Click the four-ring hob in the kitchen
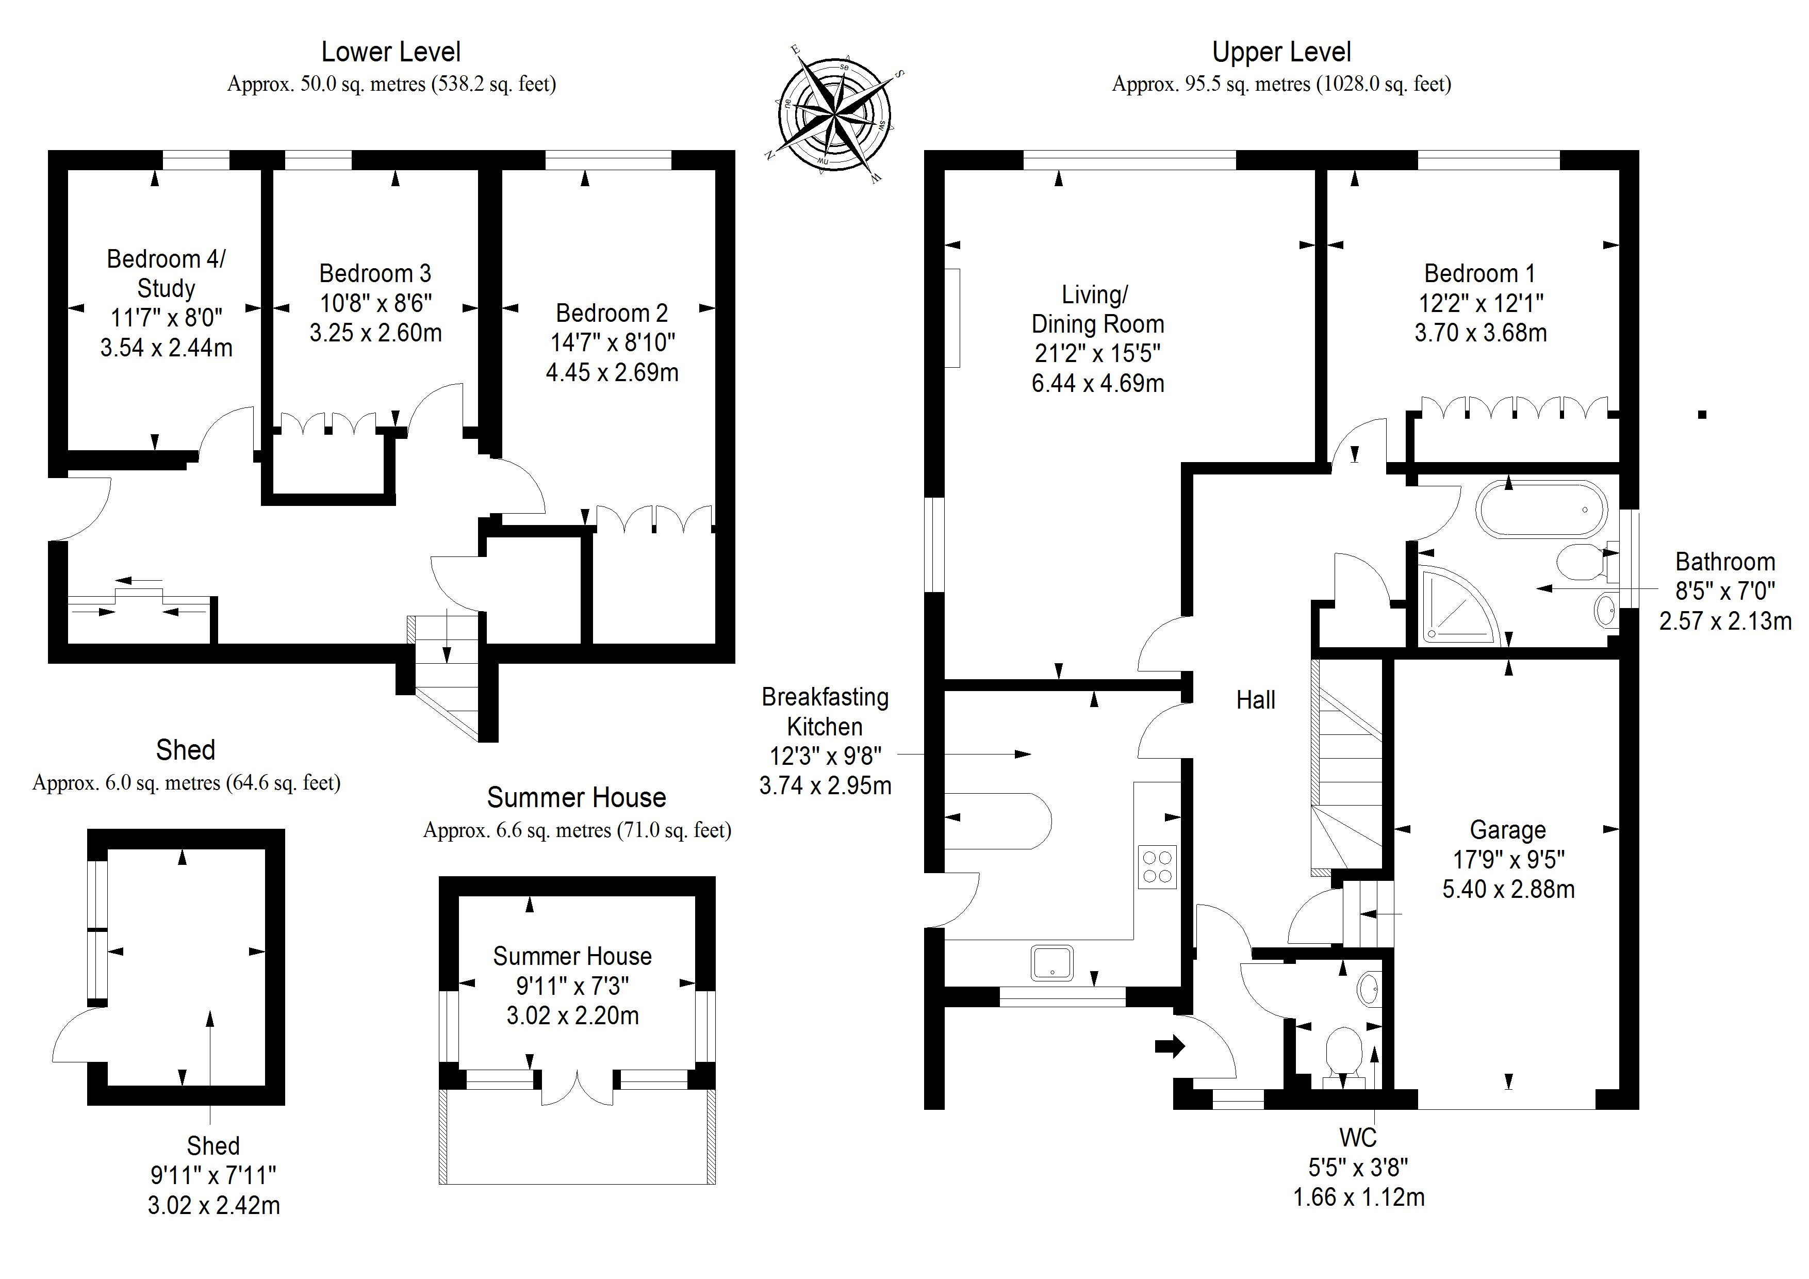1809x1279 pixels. pyautogui.click(x=1157, y=867)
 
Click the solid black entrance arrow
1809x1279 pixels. pyautogui.click(x=1169, y=1046)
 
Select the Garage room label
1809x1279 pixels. pyautogui.click(x=1507, y=830)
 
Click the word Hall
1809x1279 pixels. pyautogui.click(x=1255, y=700)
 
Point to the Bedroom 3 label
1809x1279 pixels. pyautogui.click(x=375, y=273)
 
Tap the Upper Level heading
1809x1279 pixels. pyautogui.click(x=1281, y=52)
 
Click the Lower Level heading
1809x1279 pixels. pyautogui.click(x=391, y=52)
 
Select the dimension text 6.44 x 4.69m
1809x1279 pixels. pyautogui.click(x=1097, y=383)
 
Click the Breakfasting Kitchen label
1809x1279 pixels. pyautogui.click(x=825, y=712)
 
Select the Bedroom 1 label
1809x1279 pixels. pyautogui.click(x=1479, y=273)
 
